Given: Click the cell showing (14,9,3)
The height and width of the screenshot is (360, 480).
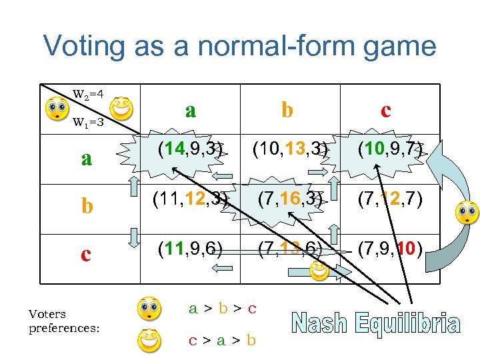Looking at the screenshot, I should click(x=190, y=148).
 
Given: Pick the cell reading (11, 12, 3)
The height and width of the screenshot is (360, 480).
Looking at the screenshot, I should click(x=190, y=199).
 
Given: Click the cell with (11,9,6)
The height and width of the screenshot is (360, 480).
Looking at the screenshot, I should click(x=190, y=249).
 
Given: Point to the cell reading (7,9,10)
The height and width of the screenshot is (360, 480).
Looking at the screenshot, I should click(x=389, y=249).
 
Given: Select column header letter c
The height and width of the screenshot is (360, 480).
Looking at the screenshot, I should click(x=385, y=110).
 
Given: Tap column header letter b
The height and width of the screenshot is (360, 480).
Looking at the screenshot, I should click(x=287, y=110).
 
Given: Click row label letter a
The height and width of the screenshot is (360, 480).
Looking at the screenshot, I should click(x=86, y=158).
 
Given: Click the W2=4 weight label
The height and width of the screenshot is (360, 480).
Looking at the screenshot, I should click(x=88, y=93).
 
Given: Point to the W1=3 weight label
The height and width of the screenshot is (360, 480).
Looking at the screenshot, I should click(x=87, y=122).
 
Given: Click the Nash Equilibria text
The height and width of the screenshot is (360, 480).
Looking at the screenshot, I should click(x=375, y=325).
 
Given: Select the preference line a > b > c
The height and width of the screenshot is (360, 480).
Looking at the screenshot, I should click(x=222, y=308).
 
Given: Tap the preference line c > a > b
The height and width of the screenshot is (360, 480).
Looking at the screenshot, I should click(x=222, y=340).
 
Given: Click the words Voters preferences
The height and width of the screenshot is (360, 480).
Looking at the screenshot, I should click(x=64, y=321).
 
